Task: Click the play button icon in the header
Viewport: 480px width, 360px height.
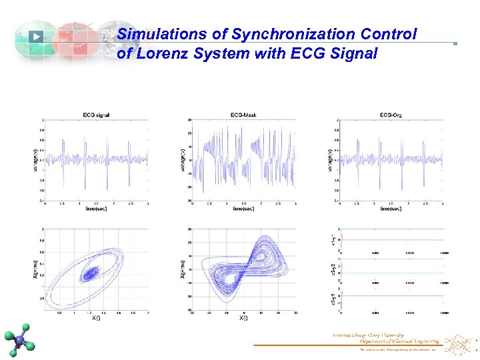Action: pos(37,37)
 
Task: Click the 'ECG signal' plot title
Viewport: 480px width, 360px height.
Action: pos(97,116)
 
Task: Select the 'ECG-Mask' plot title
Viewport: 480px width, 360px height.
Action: pos(243,116)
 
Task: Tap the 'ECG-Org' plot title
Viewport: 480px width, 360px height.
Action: pos(391,116)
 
